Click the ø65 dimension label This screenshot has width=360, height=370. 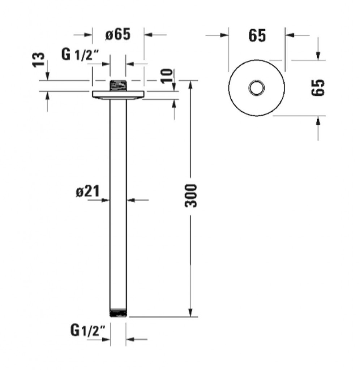click(x=118, y=34)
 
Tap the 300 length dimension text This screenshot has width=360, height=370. click(x=190, y=196)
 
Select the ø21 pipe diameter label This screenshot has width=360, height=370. click(x=87, y=191)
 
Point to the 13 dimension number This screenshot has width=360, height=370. click(x=38, y=60)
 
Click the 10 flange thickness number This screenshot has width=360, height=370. click(x=167, y=76)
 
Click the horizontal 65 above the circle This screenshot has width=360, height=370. click(x=257, y=36)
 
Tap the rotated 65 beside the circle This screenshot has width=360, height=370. click(x=318, y=87)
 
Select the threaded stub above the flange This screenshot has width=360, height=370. click(x=118, y=85)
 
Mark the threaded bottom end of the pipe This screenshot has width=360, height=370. click(x=118, y=313)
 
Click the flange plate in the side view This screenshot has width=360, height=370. click(x=117, y=95)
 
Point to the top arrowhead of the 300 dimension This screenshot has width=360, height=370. click(x=190, y=85)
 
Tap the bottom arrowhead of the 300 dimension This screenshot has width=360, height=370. click(x=190, y=313)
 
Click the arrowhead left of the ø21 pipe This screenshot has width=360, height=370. click(x=106, y=200)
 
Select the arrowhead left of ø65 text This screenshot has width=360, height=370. click(x=88, y=35)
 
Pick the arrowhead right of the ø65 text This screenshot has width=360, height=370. click(x=148, y=35)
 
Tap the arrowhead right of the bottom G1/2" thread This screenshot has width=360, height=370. click(x=130, y=339)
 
